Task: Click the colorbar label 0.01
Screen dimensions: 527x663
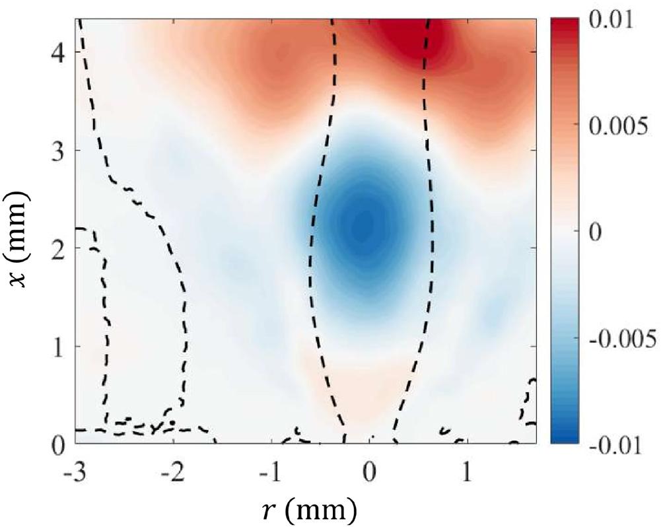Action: [609, 21]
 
